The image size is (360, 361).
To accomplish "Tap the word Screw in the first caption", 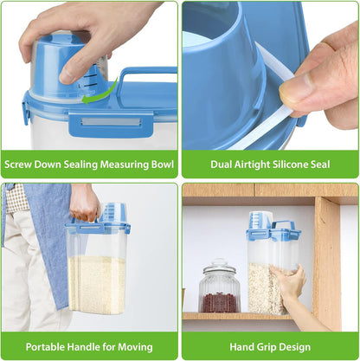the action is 18,164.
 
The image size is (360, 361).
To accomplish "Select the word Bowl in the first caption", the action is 163,164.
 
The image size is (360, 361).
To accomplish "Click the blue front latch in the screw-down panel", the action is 111,124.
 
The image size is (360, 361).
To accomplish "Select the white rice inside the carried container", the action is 97,284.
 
